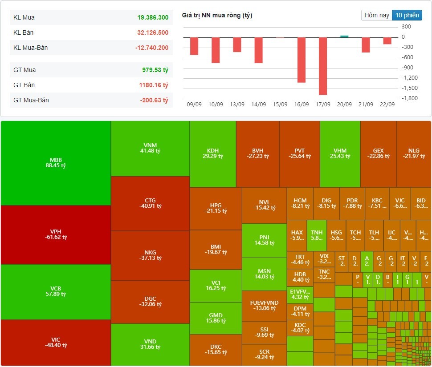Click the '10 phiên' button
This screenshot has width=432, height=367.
pyautogui.click(x=407, y=15)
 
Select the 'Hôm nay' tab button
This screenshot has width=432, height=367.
pyautogui.click(x=377, y=15)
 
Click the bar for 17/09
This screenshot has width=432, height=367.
pyautogui.click(x=323, y=66)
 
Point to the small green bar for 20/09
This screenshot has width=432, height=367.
pyautogui.click(x=344, y=36)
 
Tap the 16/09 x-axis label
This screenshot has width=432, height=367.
pyautogui.click(x=302, y=105)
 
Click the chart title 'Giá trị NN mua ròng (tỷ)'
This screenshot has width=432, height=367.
pyautogui.click(x=217, y=16)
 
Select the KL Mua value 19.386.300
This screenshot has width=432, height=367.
pyautogui.click(x=153, y=18)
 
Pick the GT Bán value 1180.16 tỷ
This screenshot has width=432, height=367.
pyautogui.click(x=153, y=85)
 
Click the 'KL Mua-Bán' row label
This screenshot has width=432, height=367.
pyautogui.click(x=31, y=48)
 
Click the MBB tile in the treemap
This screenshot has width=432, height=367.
pyautogui.click(x=56, y=162)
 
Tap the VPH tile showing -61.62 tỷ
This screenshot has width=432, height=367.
pyautogui.click(x=56, y=234)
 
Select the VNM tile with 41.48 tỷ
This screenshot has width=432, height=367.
pyautogui.click(x=151, y=148)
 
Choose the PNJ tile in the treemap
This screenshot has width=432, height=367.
pyautogui.click(x=264, y=240)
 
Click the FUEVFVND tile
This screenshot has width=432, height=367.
pyautogui.click(x=264, y=306)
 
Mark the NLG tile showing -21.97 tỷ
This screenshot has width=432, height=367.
pyautogui.click(x=414, y=153)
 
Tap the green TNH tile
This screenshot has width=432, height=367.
pyautogui.click(x=317, y=235)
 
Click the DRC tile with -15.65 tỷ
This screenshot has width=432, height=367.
pyautogui.click(x=216, y=350)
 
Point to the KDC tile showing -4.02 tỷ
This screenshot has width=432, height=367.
pyautogui.click(x=300, y=327)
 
